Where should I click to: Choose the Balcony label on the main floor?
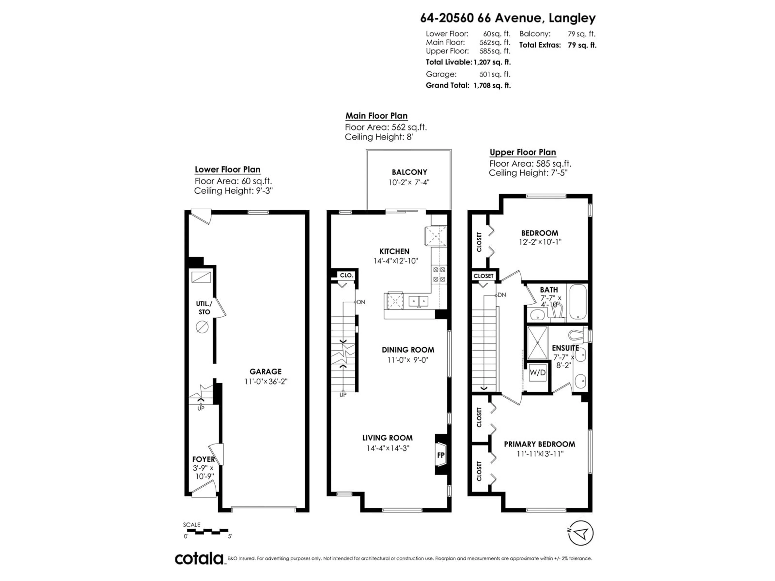coord(409,172)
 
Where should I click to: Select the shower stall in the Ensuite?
coord(537,343)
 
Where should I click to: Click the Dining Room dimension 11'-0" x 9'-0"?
coord(408,360)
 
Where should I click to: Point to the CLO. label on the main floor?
coord(346,275)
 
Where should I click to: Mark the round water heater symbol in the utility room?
coord(202,327)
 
